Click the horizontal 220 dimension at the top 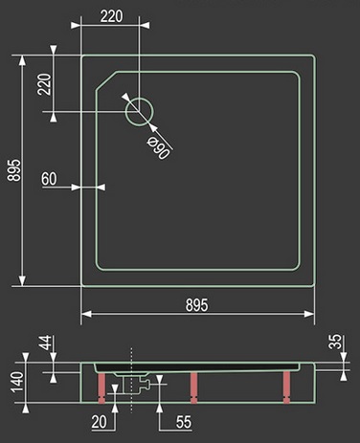click(x=111, y=16)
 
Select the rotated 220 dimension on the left click(x=44, y=84)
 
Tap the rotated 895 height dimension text click(x=14, y=170)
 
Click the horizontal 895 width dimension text click(x=197, y=305)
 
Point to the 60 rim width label click(x=49, y=179)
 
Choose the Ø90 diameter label click(x=159, y=148)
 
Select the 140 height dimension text click(x=17, y=382)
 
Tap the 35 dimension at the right click(x=335, y=342)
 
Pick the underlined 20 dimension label click(x=99, y=422)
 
